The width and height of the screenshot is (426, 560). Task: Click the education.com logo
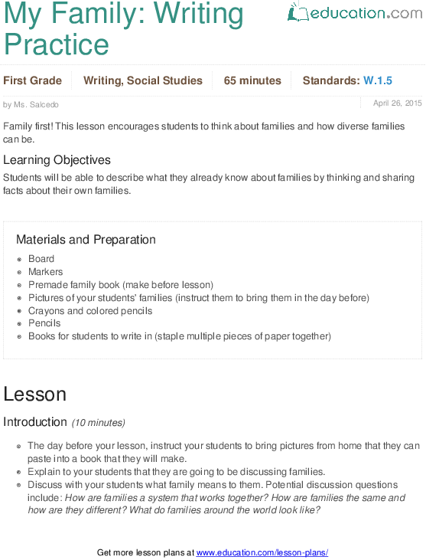pyautogui.click(x=354, y=13)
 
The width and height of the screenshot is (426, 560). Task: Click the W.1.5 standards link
pyautogui.click(x=378, y=80)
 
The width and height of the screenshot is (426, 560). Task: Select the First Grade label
pyautogui.click(x=32, y=80)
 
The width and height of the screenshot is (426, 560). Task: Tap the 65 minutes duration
pyautogui.click(x=252, y=80)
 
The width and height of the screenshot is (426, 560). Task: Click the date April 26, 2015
pyautogui.click(x=397, y=103)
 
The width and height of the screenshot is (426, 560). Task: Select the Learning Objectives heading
pyautogui.click(x=57, y=160)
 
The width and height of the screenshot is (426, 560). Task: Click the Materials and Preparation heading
pyautogui.click(x=86, y=239)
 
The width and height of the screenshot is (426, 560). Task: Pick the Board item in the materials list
pyautogui.click(x=41, y=259)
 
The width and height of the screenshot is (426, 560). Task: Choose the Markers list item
pyautogui.click(x=46, y=272)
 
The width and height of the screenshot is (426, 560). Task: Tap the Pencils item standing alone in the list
pyautogui.click(x=44, y=323)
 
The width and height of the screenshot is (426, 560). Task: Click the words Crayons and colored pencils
pyautogui.click(x=90, y=311)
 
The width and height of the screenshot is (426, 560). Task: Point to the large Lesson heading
pyautogui.click(x=34, y=394)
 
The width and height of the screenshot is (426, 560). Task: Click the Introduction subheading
pyautogui.click(x=35, y=422)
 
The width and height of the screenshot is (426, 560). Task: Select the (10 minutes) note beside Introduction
pyautogui.click(x=98, y=423)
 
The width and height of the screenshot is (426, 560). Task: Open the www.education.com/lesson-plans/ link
pyautogui.click(x=262, y=552)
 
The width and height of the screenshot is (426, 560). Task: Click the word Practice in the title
pyautogui.click(x=57, y=44)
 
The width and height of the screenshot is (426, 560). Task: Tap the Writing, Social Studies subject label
pyautogui.click(x=143, y=80)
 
